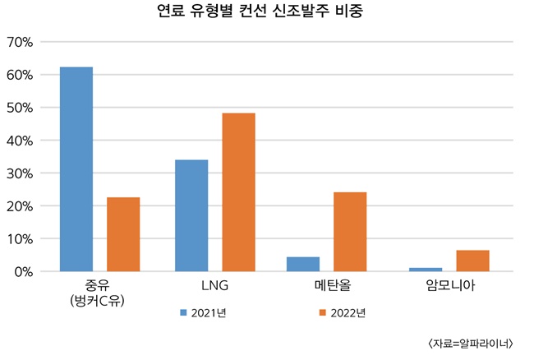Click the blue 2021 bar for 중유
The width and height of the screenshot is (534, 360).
click(76, 168)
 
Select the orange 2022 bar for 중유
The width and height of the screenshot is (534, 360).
click(123, 234)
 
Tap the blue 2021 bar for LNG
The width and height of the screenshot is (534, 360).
click(191, 215)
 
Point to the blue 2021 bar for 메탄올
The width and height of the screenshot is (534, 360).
click(303, 264)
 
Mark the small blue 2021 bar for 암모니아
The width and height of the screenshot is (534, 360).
click(426, 269)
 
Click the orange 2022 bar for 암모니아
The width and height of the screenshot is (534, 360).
click(472, 261)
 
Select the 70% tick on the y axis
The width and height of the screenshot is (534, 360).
click(19, 42)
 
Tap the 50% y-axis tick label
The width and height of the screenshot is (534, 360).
click(19, 108)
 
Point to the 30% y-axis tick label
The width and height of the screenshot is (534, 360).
click(19, 173)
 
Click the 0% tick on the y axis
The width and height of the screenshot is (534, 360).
click(22, 271)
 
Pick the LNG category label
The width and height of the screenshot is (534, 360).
click(214, 287)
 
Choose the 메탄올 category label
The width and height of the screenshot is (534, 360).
click(326, 287)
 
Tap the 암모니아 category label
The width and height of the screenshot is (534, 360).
click(449, 287)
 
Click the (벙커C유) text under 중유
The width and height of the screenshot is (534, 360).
click(100, 301)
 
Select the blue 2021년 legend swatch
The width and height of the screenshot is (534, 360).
click(183, 313)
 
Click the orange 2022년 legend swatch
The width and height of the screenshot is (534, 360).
click(323, 313)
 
